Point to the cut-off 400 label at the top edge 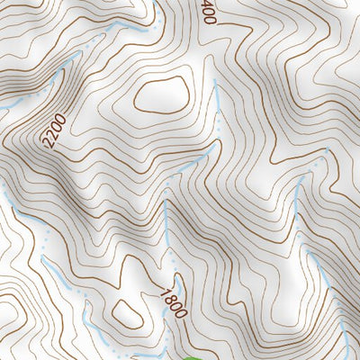pos(208,12)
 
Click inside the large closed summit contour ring pos(161,94)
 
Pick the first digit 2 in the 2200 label pos(46,144)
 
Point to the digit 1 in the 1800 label pos(166,290)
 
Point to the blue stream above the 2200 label pos(54,81)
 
